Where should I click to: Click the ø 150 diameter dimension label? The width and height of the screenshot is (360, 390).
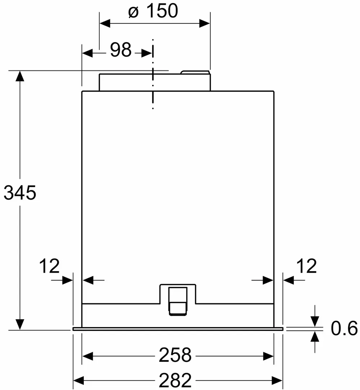pos(153,12)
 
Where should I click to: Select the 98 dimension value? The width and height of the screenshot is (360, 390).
pos(120,50)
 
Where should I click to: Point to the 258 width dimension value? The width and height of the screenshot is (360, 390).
pos(175,355)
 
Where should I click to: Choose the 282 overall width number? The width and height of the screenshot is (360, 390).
pos(175,380)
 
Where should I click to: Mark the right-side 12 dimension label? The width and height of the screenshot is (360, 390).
pos(306,266)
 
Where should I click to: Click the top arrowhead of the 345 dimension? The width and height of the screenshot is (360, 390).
pos(20,76)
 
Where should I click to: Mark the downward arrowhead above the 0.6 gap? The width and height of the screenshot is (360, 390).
pos(315,321)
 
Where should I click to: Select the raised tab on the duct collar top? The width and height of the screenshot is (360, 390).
pos(195,72)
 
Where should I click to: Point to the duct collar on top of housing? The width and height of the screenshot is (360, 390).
pos(154,82)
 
